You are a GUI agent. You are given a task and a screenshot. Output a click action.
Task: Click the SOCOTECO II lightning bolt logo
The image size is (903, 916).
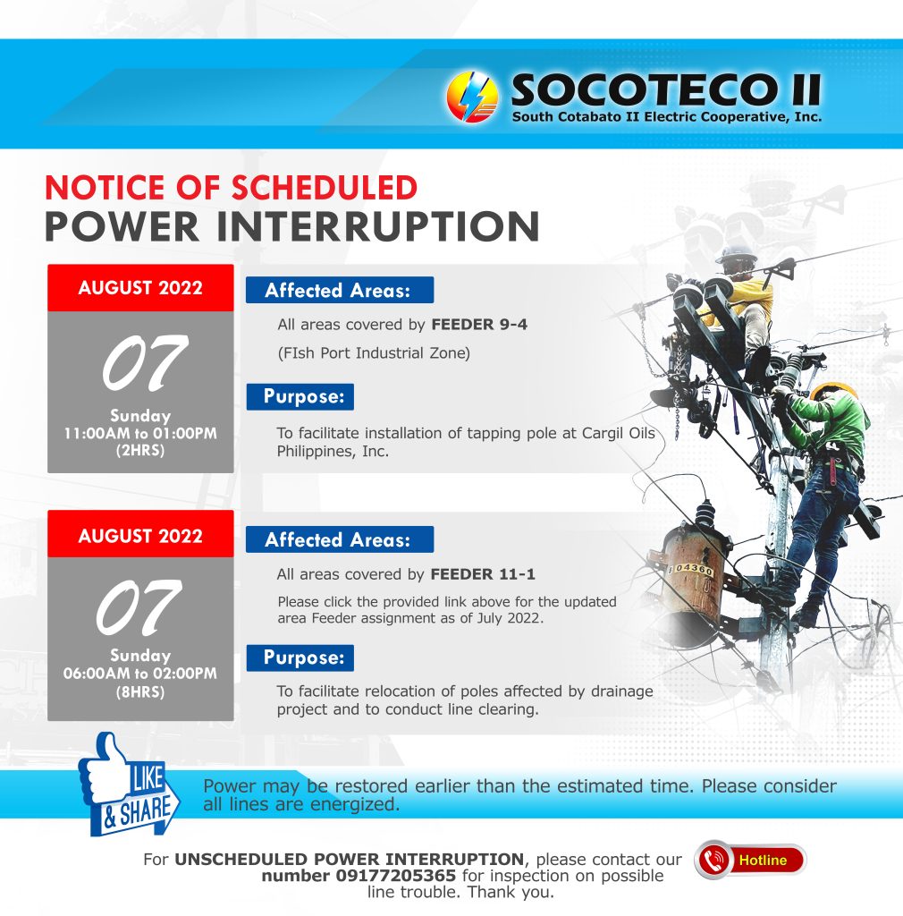tap(472, 97)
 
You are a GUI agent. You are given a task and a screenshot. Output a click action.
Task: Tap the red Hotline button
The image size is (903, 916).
tap(751, 860)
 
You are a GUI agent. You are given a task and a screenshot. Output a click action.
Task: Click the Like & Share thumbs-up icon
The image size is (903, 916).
tap(129, 784)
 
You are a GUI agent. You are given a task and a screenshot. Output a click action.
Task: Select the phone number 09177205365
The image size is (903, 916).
tap(395, 876)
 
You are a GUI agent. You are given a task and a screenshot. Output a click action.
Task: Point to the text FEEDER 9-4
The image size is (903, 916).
tap(479, 324)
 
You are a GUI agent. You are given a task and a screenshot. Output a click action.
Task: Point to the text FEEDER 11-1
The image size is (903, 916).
tap(483, 574)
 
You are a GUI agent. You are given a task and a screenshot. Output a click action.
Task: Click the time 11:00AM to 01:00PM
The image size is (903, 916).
tap(140, 434)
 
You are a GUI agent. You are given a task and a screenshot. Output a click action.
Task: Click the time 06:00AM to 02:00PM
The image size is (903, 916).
tap(140, 674)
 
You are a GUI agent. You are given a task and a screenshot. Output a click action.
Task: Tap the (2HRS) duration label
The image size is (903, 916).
tap(140, 451)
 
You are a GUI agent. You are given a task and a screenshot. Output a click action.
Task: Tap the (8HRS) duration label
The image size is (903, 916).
tap(140, 692)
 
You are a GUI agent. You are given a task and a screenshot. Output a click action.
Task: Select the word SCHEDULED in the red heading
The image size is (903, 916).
tap(325, 188)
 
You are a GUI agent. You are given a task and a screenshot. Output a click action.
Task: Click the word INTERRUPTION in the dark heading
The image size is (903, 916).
tap(378, 226)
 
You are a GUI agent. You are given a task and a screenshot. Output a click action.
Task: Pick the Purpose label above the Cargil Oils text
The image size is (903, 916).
tap(300, 396)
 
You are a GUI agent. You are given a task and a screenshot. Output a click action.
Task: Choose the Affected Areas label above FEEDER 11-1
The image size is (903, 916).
tap(340, 539)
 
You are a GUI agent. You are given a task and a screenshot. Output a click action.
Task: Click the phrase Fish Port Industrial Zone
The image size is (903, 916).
tap(374, 353)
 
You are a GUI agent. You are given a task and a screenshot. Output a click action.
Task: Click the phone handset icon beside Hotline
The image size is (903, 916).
tap(713, 860)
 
